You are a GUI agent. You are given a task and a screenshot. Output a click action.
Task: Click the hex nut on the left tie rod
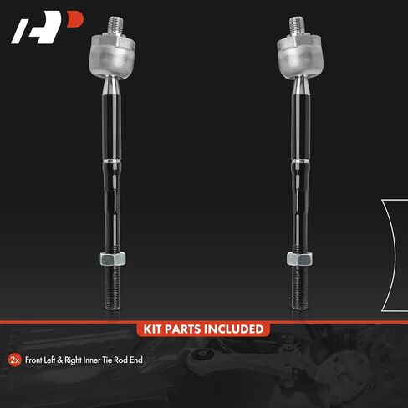point(113,258)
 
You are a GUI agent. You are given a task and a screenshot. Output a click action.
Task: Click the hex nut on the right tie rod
point(299,258)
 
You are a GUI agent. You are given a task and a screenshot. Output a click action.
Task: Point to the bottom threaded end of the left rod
point(113,288)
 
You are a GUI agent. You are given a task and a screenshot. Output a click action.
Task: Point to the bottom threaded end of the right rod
point(299,288)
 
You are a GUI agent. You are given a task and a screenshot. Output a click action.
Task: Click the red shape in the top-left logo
point(75,19)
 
